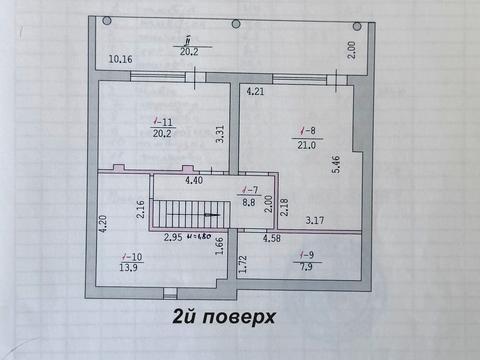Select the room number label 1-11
pyautogui.click(x=159, y=123)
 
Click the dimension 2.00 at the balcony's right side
pyautogui.click(x=351, y=47)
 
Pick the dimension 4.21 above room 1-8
pyautogui.click(x=257, y=93)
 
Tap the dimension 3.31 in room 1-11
pyautogui.click(x=221, y=129)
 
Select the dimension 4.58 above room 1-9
pyautogui.click(x=271, y=239)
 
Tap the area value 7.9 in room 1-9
pyautogui.click(x=306, y=266)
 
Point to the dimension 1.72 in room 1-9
pyautogui.click(x=242, y=264)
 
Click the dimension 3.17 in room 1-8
pyautogui.click(x=315, y=220)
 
